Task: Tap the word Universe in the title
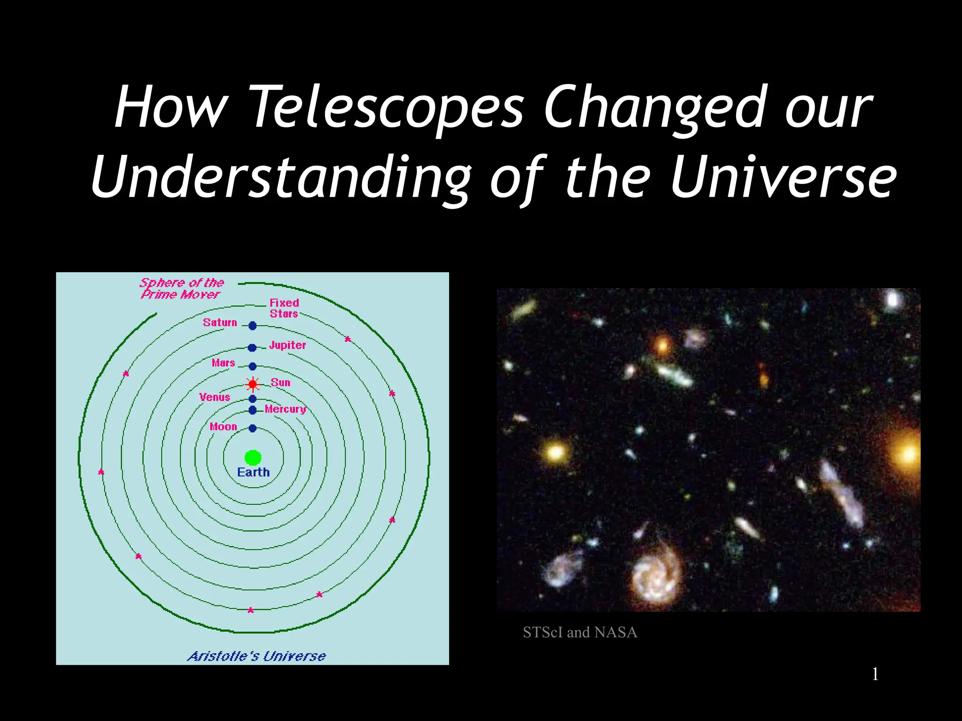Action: point(783,177)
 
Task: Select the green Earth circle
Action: point(253,458)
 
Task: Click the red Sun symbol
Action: point(253,384)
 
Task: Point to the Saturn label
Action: point(220,322)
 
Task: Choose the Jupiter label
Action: point(287,345)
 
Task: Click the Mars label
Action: point(223,363)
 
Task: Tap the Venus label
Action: point(215,397)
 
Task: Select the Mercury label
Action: point(285,409)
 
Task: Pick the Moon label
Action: point(223,427)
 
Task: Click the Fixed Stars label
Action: point(284,308)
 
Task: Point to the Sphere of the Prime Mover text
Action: point(181,289)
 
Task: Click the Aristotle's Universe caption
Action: point(256,656)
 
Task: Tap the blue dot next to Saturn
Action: point(253,325)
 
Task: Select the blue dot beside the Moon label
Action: point(253,428)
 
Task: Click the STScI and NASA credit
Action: point(580,632)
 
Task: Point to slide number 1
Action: point(875,674)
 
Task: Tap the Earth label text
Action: point(253,472)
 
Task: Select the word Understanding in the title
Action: point(281,177)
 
